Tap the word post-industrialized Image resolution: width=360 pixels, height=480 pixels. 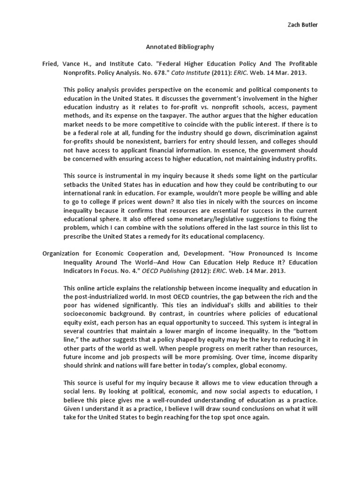tap(108, 297)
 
